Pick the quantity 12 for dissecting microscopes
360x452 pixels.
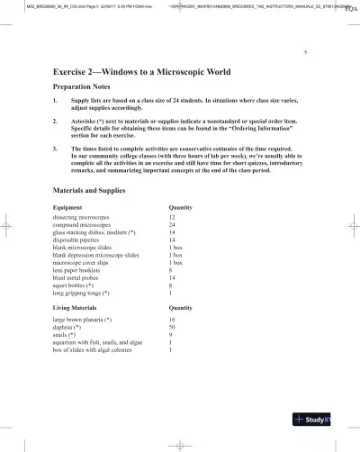click(x=172, y=218)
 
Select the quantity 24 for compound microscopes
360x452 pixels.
click(x=172, y=225)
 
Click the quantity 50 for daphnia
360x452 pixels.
click(x=172, y=328)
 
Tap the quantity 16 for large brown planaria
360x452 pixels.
click(x=172, y=320)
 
